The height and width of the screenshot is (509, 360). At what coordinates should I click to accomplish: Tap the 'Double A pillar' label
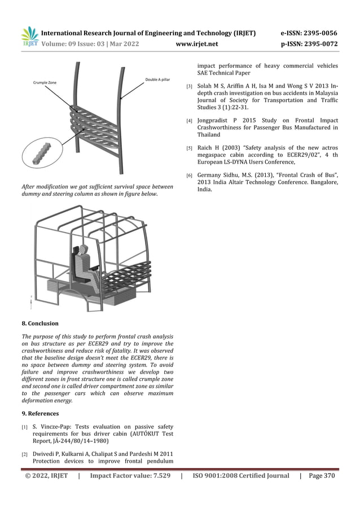click(x=157, y=80)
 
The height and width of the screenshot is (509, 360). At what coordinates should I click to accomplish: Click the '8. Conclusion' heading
click(x=39, y=323)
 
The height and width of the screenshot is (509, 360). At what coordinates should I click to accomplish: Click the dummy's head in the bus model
click(x=85, y=250)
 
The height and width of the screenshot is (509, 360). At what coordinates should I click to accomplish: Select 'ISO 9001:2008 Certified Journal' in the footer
click(x=241, y=476)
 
